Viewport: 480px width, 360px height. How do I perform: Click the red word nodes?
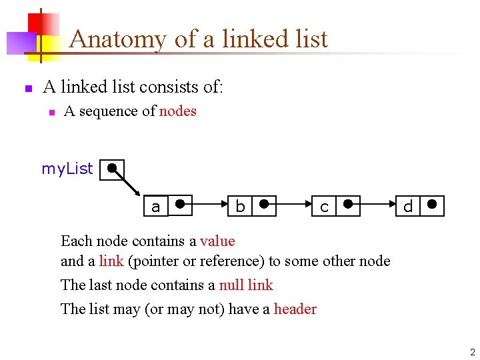point(178,111)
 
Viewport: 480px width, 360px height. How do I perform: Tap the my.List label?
point(67,169)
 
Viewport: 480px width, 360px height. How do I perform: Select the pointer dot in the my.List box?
point(113,167)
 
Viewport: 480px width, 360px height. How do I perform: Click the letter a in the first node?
point(156,207)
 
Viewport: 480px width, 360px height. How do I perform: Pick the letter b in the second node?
point(240,207)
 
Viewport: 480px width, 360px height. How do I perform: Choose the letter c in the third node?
point(324,207)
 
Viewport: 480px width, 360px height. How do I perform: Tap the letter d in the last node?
point(408,207)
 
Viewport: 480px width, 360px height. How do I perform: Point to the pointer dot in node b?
point(264,204)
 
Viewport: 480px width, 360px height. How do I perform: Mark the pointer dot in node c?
point(348,204)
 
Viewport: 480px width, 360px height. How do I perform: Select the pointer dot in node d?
point(432,204)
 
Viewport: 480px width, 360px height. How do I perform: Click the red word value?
point(217,241)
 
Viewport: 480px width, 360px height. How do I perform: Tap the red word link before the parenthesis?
point(111,261)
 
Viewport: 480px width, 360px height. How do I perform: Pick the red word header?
point(295,309)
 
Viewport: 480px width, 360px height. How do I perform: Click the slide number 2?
point(472,352)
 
